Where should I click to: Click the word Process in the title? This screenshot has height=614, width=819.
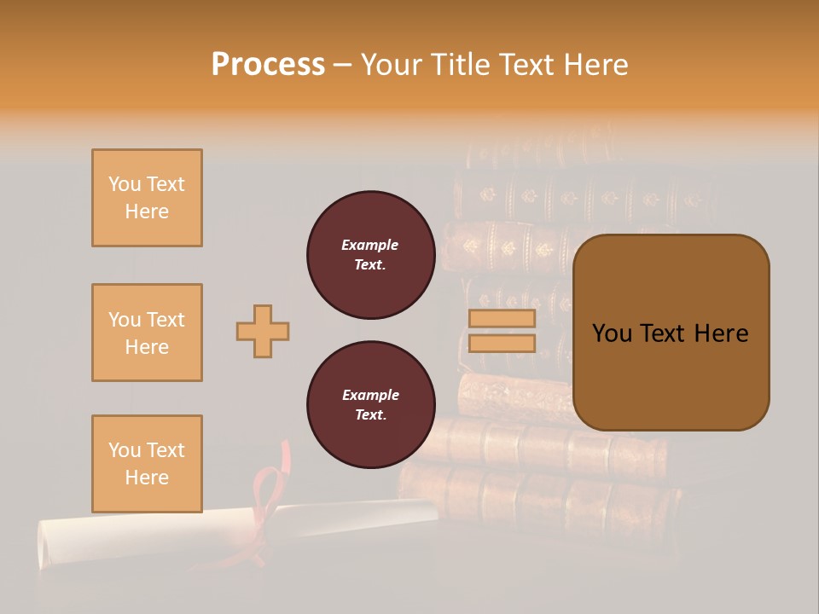268,65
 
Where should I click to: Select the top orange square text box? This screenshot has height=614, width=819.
147,198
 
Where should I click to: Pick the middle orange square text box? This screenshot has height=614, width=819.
147,333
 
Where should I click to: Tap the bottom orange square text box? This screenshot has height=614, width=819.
147,464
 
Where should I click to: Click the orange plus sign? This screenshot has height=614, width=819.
263,331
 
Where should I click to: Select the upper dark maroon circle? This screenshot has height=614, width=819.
370,255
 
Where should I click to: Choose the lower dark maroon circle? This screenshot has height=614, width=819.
370,405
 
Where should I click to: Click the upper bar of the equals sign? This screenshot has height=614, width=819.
502,318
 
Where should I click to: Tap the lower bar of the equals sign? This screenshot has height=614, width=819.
502,343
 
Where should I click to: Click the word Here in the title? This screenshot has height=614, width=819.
596,65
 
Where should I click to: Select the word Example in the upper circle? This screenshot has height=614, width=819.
370,245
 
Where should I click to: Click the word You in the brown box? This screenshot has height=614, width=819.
613,333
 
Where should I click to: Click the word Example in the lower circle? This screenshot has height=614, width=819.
370,395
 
